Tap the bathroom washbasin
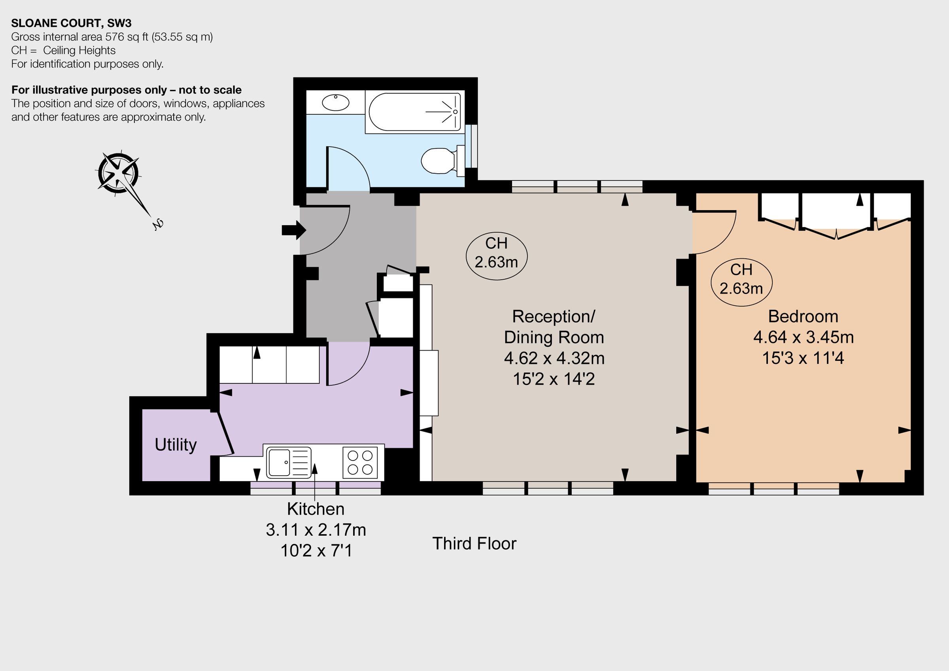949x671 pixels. pos(335,102)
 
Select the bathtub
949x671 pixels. pos(414,112)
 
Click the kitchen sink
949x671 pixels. pos(288,462)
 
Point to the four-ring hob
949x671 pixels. pos(360,462)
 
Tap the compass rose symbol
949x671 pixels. pos(119,173)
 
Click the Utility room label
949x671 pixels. pos(176,445)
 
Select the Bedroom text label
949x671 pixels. pos(803,317)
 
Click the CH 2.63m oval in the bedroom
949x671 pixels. pos(741,279)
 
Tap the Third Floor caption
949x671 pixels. pos(474,544)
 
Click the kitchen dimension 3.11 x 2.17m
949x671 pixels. pos(316,530)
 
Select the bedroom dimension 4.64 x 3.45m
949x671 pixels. pos(803,337)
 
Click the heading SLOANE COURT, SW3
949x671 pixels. pos(71,23)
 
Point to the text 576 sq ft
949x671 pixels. pos(127,37)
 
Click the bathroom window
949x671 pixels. pos(472,146)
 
